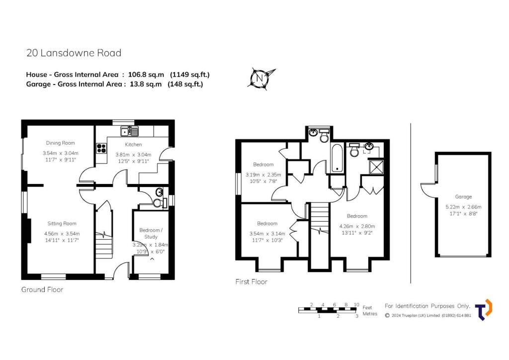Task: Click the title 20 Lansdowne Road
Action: coord(74,53)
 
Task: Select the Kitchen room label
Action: coord(133,144)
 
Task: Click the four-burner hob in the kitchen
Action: coord(101,148)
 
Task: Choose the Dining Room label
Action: coord(60,143)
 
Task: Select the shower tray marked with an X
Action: coord(376,167)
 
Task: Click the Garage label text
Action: coord(463,196)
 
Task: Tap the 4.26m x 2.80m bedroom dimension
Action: coord(357,226)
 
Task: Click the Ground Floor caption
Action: coord(42,289)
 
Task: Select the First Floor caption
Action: coord(251,282)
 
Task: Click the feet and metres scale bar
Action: coord(328,310)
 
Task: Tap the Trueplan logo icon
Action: coord(483,309)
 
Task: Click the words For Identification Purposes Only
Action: coord(427,305)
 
